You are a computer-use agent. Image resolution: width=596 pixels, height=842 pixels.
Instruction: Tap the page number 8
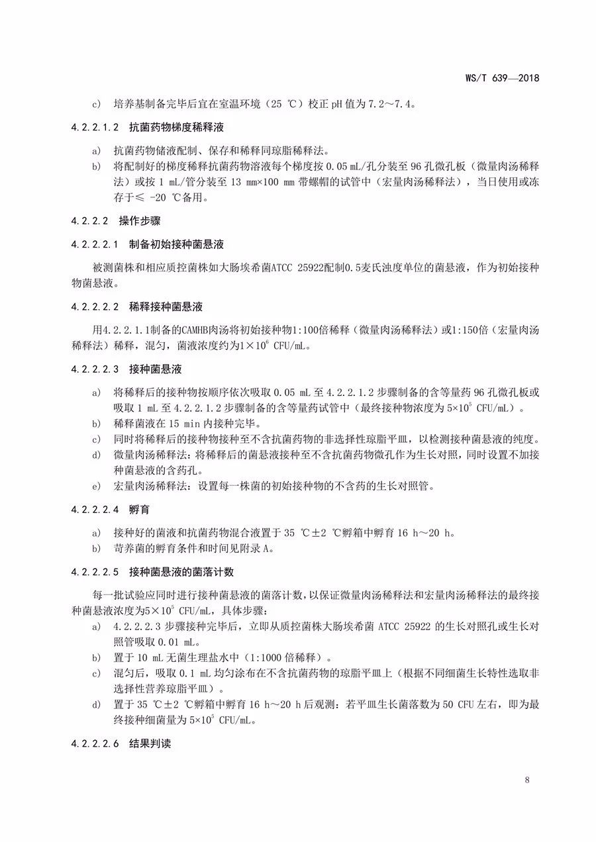coord(527,780)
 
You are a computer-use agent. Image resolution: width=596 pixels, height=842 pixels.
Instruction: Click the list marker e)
coord(97,487)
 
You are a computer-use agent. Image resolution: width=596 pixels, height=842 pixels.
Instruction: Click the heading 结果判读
coord(150,743)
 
